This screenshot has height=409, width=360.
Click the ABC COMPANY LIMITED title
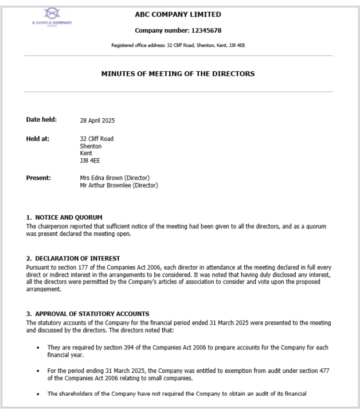coord(178,14)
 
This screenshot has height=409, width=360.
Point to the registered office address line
coord(178,45)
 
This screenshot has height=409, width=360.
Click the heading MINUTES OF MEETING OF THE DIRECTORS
coord(178,74)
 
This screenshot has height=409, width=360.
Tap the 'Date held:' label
coord(41,120)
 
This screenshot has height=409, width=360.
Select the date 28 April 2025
coord(97,120)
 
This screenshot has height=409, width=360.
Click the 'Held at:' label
coord(38,139)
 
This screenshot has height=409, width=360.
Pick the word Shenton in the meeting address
coord(91,146)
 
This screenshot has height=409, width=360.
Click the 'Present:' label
coord(38,178)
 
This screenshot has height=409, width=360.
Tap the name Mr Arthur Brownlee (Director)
coord(119,185)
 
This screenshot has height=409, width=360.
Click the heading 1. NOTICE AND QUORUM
coord(64,217)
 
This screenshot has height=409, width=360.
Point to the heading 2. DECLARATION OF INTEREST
coord(73,259)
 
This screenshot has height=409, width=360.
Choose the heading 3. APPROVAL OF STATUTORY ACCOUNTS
coord(87,314)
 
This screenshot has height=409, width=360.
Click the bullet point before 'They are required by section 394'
coord(38,348)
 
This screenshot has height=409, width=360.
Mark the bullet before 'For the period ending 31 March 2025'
coord(38,371)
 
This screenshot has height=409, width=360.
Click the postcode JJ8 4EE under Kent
coord(90,161)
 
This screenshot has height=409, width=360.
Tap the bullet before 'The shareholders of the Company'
coord(38,394)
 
